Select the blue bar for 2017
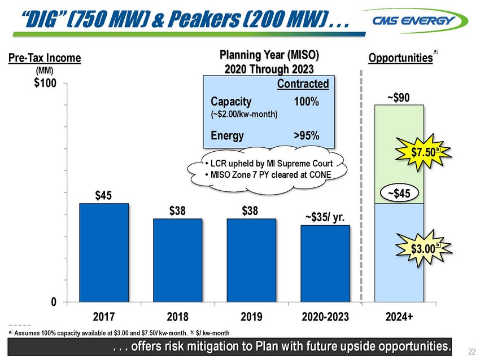104,253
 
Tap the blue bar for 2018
177,260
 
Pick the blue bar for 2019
251,260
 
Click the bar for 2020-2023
325,264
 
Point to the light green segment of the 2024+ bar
399,154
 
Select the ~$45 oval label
399,194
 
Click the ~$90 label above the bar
398,98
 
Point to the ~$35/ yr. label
325,217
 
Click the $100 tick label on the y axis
45,83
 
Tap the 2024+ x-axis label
399,317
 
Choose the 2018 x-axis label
177,317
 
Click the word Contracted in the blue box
303,84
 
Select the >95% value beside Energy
307,135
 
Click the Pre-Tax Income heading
45,58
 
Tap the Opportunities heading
400,58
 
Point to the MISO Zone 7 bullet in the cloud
268,175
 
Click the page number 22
472,352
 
